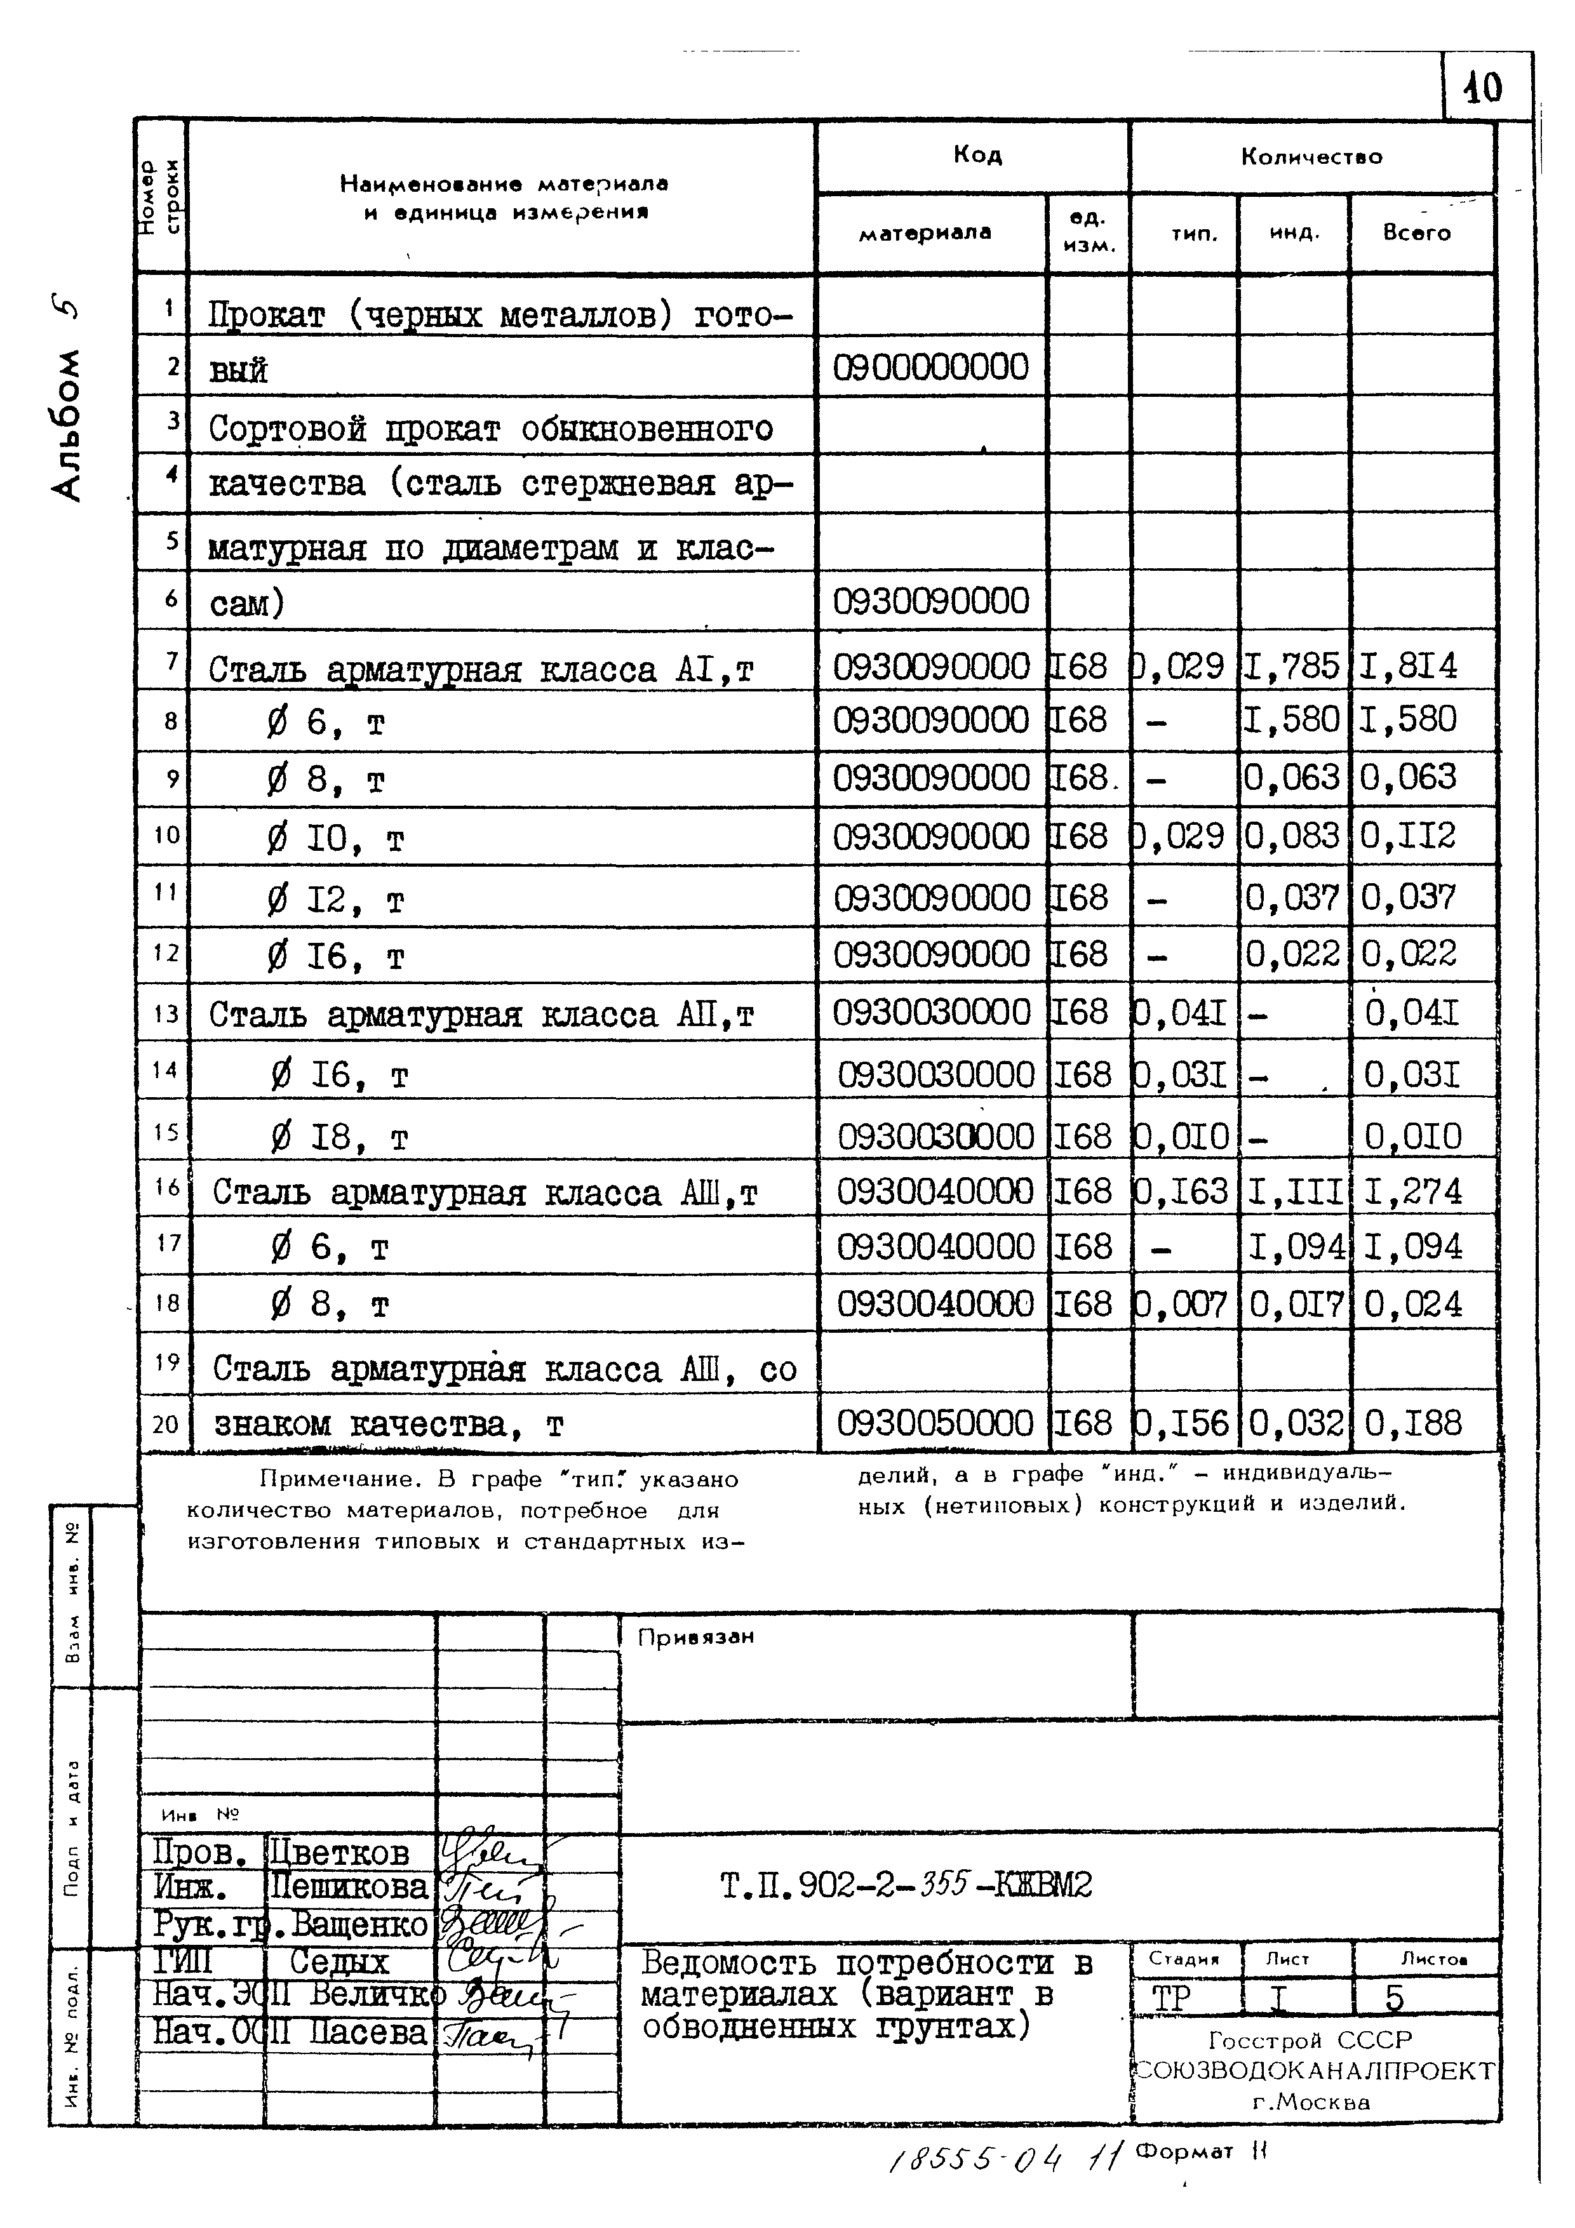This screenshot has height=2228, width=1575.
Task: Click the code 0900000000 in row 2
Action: pyautogui.click(x=930, y=367)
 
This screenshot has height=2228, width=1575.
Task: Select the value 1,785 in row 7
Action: pyautogui.click(x=1292, y=665)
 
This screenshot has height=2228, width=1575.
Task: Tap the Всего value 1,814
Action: pyautogui.click(x=1408, y=665)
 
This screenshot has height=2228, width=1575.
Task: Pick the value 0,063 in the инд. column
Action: pyautogui.click(x=1292, y=777)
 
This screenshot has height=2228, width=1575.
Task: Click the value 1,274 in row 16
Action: pyautogui.click(x=1412, y=1191)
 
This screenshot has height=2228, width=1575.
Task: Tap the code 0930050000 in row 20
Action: pyautogui.click(x=934, y=1423)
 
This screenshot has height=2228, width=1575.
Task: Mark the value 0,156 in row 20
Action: pyautogui.click(x=1182, y=1423)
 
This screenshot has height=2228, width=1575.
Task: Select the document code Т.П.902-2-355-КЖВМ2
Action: pyautogui.click(x=906, y=1884)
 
